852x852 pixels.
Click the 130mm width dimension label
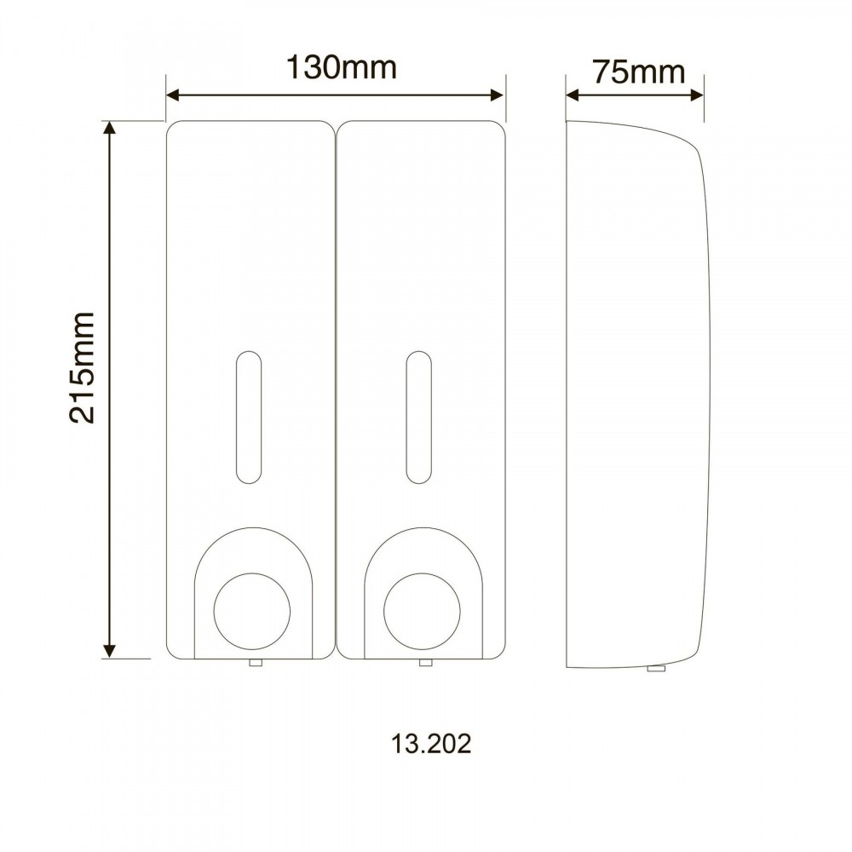coord(342,68)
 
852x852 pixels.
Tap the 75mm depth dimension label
coord(638,72)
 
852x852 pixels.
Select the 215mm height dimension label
coord(82,368)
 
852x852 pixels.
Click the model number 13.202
coord(431,744)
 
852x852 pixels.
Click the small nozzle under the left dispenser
coord(256,662)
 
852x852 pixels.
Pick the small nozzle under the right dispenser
coord(425,662)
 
